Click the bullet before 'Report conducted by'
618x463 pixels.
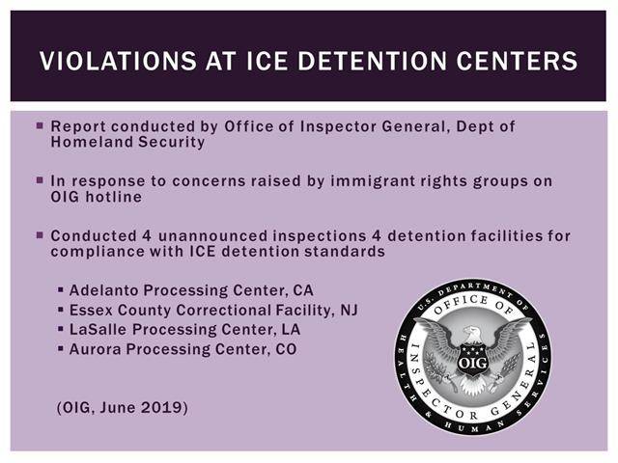coord(40,125)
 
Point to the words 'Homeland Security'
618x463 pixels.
coord(127,142)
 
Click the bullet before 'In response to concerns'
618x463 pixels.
coord(40,180)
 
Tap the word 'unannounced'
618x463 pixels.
coord(212,235)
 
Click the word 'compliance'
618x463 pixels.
coord(98,252)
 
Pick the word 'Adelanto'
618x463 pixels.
coord(103,290)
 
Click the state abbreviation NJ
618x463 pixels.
coord(350,310)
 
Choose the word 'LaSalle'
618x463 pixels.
coord(98,330)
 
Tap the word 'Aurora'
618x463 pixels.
coord(96,349)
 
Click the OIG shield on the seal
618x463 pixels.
coord(472,359)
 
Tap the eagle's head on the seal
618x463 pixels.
coord(471,333)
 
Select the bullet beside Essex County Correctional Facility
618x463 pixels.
coord(60,310)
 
